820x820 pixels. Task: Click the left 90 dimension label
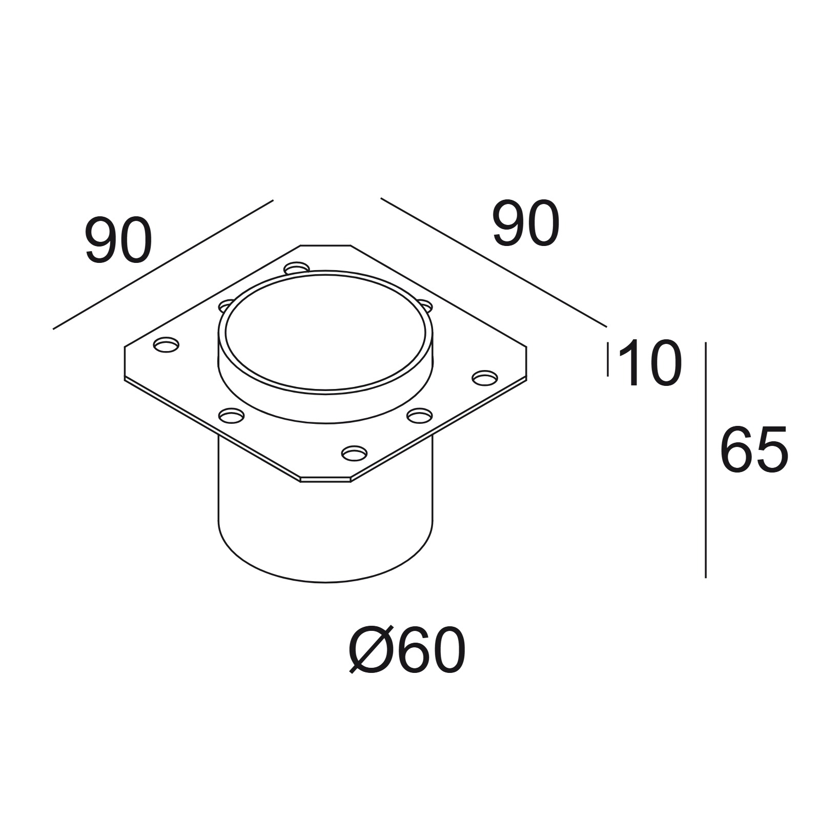119,241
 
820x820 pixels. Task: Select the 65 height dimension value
753,449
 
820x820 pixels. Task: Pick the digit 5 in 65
772,449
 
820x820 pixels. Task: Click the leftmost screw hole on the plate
167,345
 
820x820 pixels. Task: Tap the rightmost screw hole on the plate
484,377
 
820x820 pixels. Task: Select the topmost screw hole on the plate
297,268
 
